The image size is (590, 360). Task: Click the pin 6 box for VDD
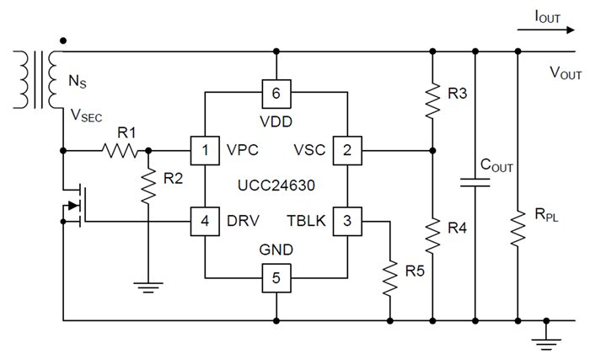point(276,90)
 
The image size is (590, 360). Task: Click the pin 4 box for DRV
point(205,221)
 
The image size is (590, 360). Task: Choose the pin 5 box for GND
point(276,277)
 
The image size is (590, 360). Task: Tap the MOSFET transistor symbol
point(74,205)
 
